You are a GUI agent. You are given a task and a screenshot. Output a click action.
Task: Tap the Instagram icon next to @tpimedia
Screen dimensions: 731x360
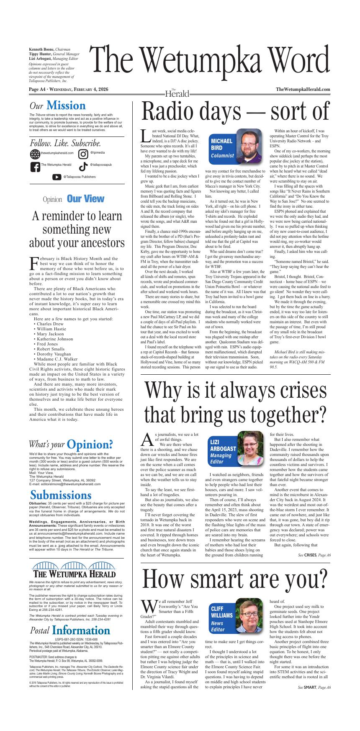pos(83,154)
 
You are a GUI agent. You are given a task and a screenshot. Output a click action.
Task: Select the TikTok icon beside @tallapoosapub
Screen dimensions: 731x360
pos(83,166)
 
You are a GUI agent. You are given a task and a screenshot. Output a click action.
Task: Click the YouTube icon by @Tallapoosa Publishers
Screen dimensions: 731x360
pos(57,177)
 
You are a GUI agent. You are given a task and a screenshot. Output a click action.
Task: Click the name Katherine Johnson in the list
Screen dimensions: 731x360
pos(55,339)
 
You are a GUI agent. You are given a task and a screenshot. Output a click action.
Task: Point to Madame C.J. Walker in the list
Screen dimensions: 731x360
pos(57,359)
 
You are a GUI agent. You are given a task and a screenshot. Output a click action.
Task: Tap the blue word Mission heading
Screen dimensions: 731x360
pos(66,106)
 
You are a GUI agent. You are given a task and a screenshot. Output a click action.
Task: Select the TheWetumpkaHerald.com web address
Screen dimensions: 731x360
pos(303,90)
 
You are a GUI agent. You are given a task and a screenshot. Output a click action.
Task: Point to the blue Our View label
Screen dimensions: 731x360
pos(85,199)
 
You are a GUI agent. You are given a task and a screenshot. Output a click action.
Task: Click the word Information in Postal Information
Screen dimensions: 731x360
pos(81,631)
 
